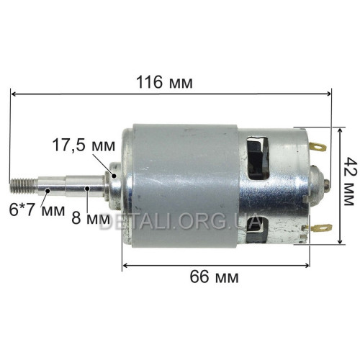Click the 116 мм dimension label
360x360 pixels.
pyautogui.click(x=164, y=82)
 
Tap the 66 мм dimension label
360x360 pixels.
pyautogui.click(x=215, y=277)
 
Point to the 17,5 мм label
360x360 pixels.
pyautogui.click(x=84, y=145)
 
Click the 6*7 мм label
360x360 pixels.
pyautogui.click(x=37, y=210)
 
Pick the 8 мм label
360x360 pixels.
pyautogui.click(x=91, y=218)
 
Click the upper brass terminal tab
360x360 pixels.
pyautogui.click(x=318, y=146)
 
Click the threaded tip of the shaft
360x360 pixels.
pyautogui.click(x=22, y=186)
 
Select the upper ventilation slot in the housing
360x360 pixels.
pyautogui.click(x=258, y=158)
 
